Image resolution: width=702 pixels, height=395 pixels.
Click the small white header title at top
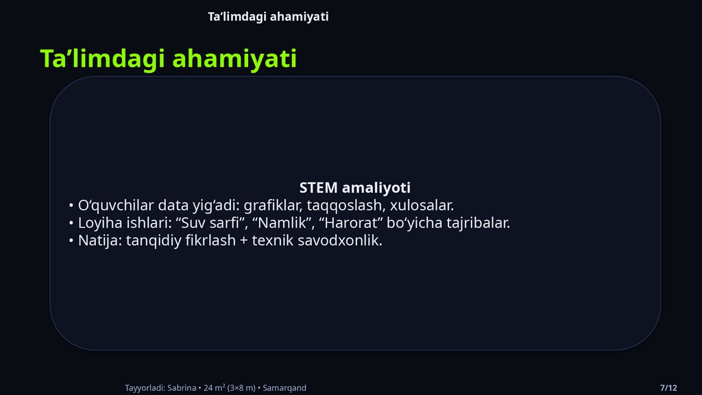pyautogui.click(x=268, y=16)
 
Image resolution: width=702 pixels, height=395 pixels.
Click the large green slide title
pyautogui.click(x=168, y=59)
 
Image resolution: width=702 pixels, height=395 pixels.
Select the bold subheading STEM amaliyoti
pyautogui.click(x=354, y=187)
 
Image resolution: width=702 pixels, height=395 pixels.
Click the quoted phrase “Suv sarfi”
pyautogui.click(x=214, y=223)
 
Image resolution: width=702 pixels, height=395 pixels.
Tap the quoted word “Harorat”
pyautogui.click(x=346, y=223)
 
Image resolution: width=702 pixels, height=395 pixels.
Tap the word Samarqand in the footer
pyautogui.click(x=285, y=388)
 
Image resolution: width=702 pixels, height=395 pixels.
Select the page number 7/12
pyautogui.click(x=668, y=388)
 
